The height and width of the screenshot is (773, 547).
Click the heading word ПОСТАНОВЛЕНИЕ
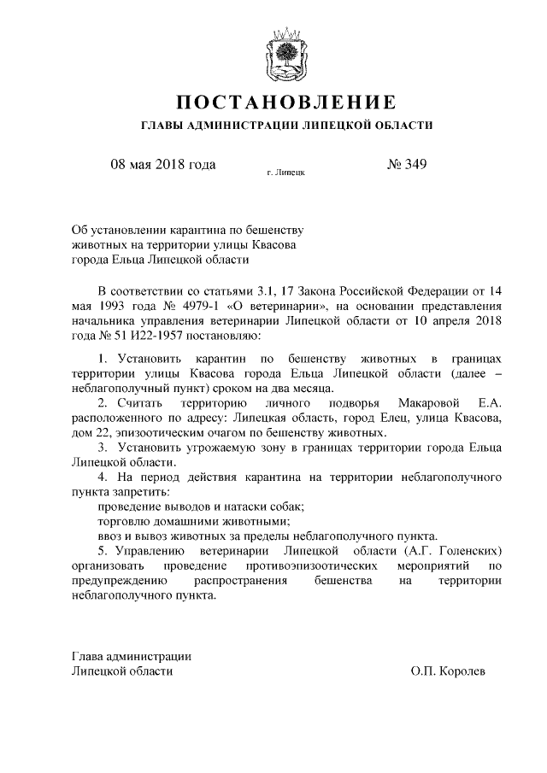(x=285, y=102)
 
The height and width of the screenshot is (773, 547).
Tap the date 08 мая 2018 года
(x=162, y=164)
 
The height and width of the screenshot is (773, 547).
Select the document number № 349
(x=407, y=164)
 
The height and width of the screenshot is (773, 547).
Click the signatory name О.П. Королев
(x=448, y=671)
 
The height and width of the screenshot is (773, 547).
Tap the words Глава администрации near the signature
(x=131, y=656)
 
